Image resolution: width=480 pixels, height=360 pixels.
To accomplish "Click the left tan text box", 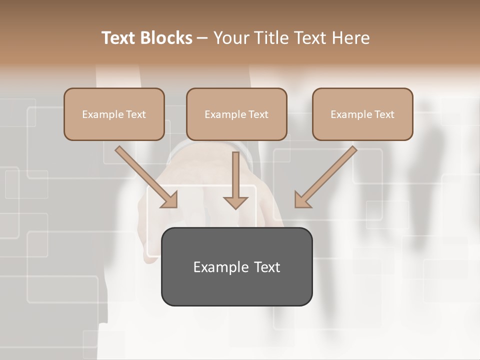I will coord(114,114).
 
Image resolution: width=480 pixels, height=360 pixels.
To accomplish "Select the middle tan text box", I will coord(236,114).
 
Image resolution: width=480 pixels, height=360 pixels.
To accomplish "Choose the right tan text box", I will coord(362,114).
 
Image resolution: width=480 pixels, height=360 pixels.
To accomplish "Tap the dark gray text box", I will coord(236,266).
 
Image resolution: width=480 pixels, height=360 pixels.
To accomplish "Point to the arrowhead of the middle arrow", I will coord(235,202).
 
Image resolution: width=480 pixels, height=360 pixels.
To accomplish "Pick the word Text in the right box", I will coord(384,114).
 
